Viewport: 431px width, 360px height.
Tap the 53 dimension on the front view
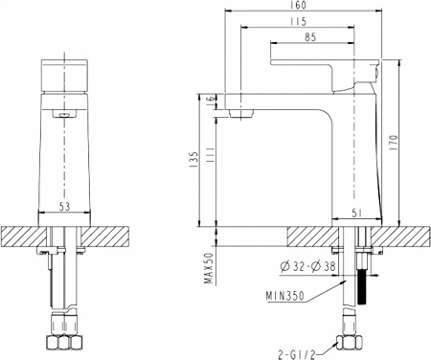[65, 207]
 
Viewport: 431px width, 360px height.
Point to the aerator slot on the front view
[65, 115]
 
